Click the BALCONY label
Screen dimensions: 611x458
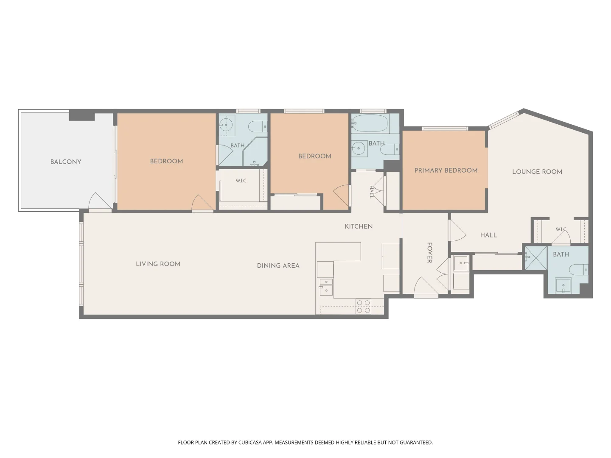(66, 162)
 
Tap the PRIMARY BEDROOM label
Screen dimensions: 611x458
(446, 170)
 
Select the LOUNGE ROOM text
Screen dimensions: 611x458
(537, 172)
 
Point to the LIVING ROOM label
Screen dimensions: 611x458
(158, 264)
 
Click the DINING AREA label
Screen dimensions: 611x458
(278, 265)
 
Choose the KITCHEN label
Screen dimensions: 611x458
(359, 226)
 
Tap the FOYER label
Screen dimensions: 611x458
(429, 252)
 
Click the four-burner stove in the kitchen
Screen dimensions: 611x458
(364, 307)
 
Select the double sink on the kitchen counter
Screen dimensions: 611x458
(326, 287)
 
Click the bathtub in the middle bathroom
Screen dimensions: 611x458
(370, 123)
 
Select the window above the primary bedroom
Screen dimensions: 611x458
(445, 128)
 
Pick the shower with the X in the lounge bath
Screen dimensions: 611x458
(536, 258)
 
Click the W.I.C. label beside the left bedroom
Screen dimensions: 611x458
(241, 181)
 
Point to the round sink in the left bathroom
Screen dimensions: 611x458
(226, 125)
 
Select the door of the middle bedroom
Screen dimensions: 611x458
(342, 195)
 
